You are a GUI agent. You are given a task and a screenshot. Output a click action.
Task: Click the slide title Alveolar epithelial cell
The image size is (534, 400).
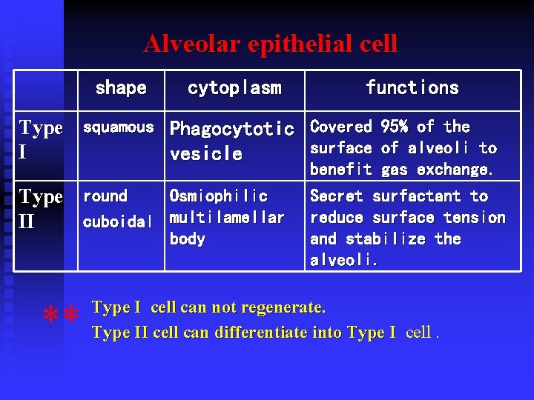(x=271, y=44)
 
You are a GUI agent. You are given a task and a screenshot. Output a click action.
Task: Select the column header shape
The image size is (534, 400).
(x=121, y=88)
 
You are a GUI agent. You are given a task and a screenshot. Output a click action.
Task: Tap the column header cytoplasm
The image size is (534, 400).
(x=234, y=88)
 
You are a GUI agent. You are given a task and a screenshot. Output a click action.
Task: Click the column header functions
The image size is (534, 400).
(x=412, y=88)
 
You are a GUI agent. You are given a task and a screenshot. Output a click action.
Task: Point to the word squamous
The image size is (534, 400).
(x=118, y=127)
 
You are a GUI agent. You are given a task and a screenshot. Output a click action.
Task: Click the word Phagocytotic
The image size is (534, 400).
(x=232, y=130)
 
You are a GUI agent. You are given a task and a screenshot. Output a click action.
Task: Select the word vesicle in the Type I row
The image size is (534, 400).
(x=206, y=154)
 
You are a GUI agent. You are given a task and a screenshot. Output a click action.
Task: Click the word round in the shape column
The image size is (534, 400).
(x=105, y=196)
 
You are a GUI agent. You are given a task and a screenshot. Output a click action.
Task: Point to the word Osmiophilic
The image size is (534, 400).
(x=219, y=196)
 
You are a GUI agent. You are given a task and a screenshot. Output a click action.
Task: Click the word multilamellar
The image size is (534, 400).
(x=227, y=218)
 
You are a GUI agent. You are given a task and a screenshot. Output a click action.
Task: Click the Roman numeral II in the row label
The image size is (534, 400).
(x=27, y=222)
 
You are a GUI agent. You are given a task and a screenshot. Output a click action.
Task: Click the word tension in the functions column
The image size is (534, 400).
(x=479, y=218)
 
